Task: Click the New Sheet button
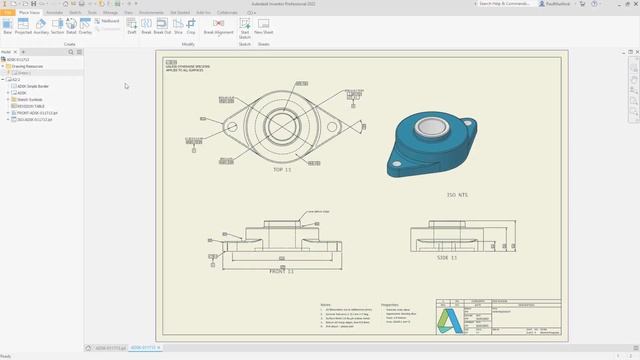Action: [x=264, y=25]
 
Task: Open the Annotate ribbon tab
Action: [x=54, y=12]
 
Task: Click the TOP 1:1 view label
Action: [x=284, y=170]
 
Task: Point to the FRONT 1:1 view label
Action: [x=283, y=271]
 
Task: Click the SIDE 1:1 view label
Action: [x=446, y=257]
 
